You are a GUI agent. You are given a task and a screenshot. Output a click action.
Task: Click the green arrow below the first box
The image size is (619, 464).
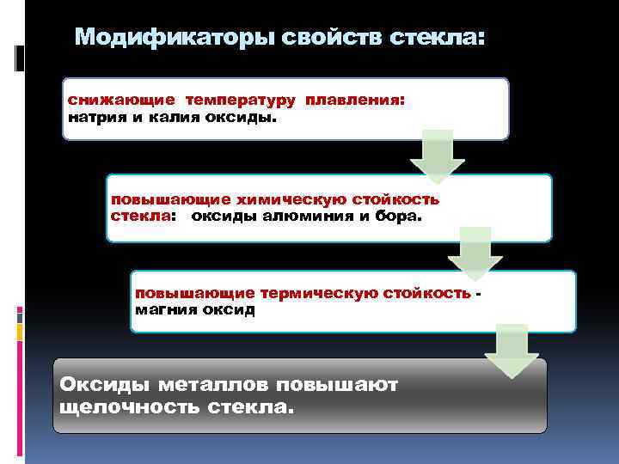click(437, 156)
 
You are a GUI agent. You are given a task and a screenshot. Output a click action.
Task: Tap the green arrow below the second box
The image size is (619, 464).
click(475, 252)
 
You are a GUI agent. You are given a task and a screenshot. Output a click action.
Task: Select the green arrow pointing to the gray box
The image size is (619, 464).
click(512, 351)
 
